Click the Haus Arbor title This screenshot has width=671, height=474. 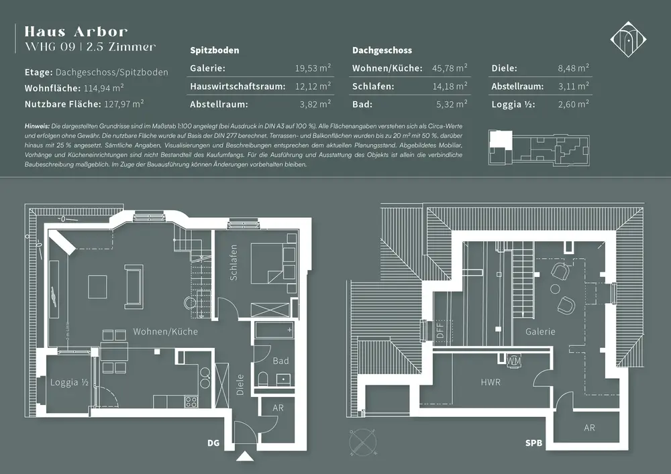[x=76, y=32]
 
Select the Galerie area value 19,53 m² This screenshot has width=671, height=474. [x=313, y=68]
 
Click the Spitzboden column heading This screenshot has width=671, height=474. [x=215, y=50]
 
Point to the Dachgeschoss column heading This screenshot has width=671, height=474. [x=382, y=50]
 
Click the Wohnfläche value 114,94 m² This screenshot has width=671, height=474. [x=105, y=88]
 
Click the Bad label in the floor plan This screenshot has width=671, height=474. [x=280, y=361]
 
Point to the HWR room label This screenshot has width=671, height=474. [x=491, y=382]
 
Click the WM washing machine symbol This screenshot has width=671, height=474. [x=514, y=361]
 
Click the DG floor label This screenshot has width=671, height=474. [x=213, y=443]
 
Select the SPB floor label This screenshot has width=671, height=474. [x=534, y=443]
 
